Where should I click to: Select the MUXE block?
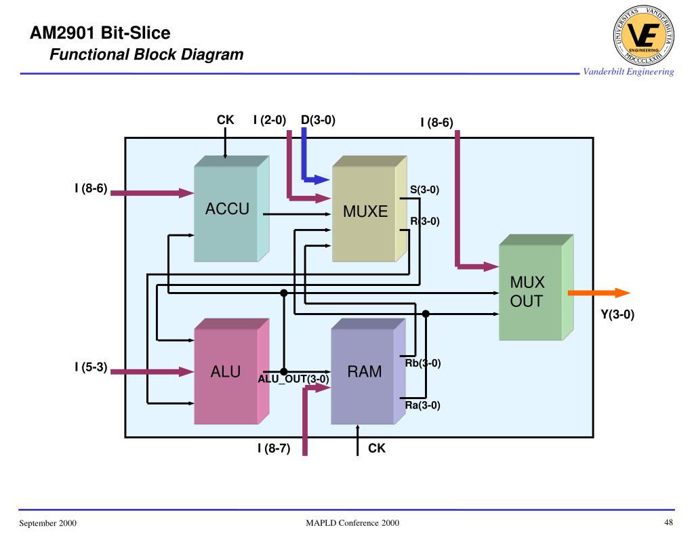pos(365,212)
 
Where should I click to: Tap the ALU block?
pos(226,372)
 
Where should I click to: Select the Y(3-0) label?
pos(617,314)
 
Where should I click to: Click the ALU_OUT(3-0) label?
pos(293,379)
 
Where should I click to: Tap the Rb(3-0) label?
pos(423,363)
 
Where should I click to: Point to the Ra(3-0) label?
pos(423,406)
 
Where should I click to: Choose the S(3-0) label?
pos(425,190)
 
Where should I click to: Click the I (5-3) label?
pos(91,367)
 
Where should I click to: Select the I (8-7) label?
pos(274,448)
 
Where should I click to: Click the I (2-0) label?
pos(270,121)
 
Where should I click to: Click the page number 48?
pos(668,522)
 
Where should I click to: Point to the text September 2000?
pos(47,523)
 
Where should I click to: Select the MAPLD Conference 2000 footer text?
pos(352,523)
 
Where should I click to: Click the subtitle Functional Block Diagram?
pos(146,55)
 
